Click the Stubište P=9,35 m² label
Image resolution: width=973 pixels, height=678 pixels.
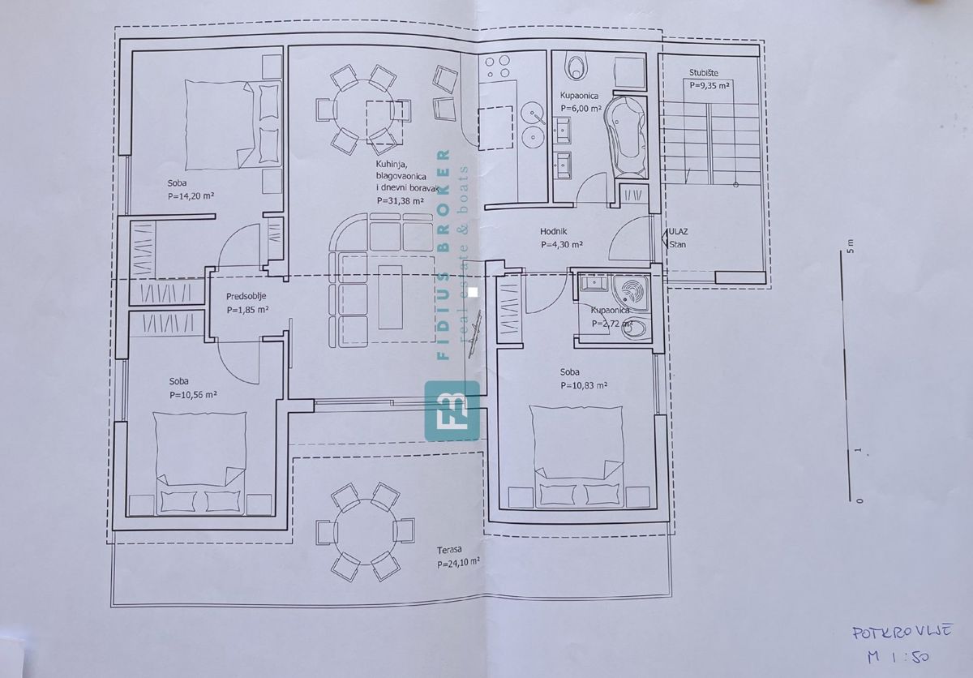[x=709, y=78]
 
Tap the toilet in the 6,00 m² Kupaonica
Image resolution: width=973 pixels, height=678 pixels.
[x=576, y=64]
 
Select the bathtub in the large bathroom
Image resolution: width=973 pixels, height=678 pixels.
[x=626, y=135]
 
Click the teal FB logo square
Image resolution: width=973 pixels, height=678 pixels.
[x=452, y=410]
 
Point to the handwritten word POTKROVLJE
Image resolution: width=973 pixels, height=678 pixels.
[x=890, y=632]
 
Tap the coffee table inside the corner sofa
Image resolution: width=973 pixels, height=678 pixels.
[x=390, y=292]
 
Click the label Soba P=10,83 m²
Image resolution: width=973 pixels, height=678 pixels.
[x=583, y=379]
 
